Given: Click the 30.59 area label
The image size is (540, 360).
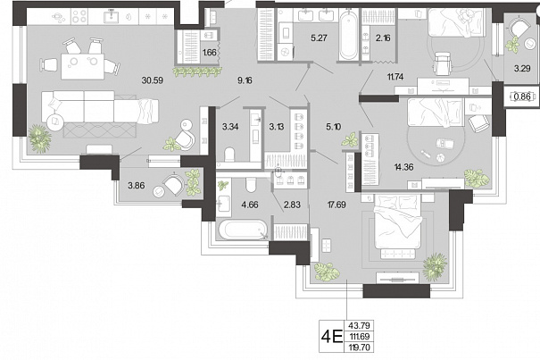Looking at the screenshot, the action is click(x=153, y=80).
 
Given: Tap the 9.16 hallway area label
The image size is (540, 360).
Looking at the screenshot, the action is click(x=245, y=80).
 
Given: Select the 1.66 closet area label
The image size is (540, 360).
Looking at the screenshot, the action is click(x=210, y=53).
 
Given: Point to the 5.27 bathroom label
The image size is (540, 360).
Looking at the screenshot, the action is click(x=319, y=38).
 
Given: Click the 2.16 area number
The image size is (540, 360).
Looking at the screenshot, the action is click(x=383, y=38).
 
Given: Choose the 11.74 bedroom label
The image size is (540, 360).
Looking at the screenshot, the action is click(x=395, y=77).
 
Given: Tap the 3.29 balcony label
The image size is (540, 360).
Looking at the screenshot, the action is click(x=522, y=68).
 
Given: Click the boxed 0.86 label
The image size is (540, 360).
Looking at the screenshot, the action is click(x=522, y=96).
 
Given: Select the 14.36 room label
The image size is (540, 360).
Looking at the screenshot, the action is click(x=403, y=167).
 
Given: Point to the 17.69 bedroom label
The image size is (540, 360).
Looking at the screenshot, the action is click(x=336, y=205).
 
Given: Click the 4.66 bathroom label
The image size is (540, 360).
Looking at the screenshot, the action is click(x=250, y=205).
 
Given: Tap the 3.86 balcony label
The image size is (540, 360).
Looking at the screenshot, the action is click(x=137, y=186).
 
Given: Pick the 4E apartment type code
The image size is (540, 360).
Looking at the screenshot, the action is click(x=332, y=336).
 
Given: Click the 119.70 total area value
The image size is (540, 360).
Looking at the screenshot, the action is click(x=359, y=347).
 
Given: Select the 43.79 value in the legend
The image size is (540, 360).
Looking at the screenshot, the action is click(x=359, y=325).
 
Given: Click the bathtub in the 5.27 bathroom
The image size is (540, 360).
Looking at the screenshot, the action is click(x=348, y=35).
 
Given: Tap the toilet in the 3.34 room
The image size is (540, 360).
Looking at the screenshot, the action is click(x=229, y=155).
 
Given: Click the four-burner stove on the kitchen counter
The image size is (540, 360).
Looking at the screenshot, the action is click(x=79, y=16).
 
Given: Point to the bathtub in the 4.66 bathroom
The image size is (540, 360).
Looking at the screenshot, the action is click(x=243, y=230).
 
